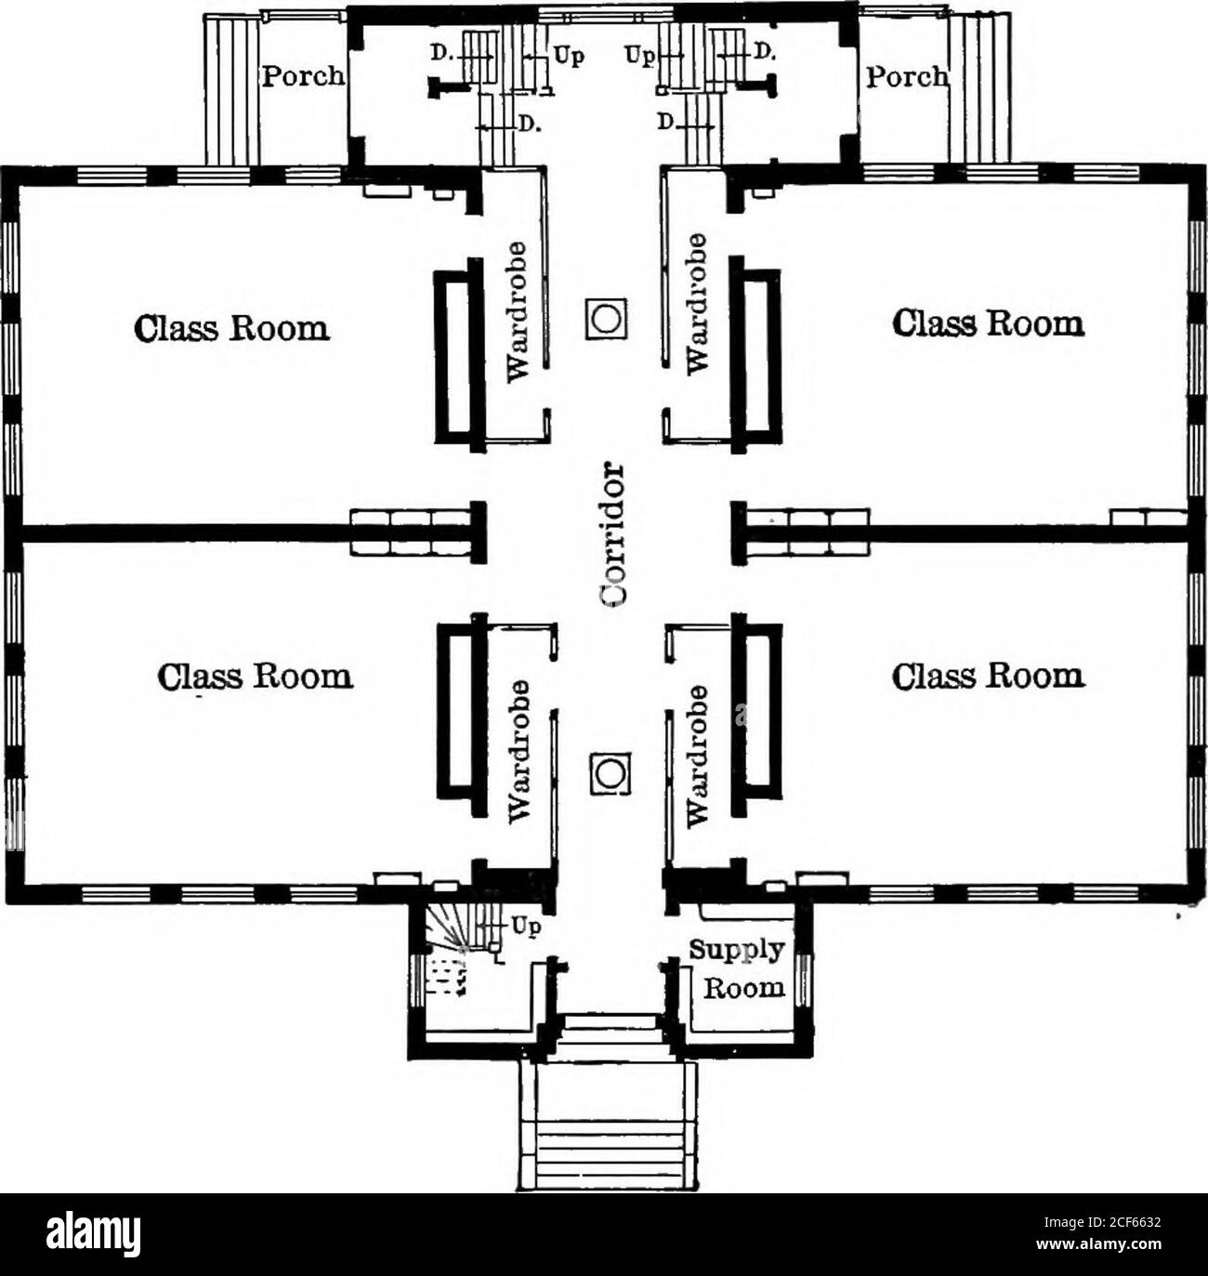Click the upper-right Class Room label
(988, 322)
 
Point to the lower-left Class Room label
(256, 675)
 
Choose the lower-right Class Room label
(988, 675)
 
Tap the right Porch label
(907, 75)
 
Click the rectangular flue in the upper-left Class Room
(459, 355)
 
